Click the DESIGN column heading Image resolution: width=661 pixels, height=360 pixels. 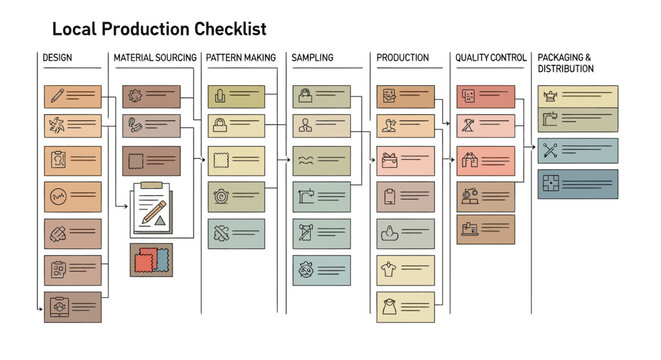point(57,58)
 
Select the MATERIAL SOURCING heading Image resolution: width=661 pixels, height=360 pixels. point(155,58)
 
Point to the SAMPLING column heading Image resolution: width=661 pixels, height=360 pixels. point(312,58)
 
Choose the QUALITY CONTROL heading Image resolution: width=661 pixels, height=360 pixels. point(490,58)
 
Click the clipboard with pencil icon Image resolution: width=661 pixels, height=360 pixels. point(151,209)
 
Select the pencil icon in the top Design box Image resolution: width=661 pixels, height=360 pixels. point(58,96)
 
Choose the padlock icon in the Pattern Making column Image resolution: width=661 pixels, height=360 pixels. point(220,127)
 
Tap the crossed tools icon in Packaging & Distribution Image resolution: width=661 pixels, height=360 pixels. point(549,150)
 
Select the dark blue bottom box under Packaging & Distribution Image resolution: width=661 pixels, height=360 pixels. point(577,183)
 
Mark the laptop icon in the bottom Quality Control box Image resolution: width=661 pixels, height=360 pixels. point(469,228)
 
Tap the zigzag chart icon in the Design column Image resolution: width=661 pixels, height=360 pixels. point(58,195)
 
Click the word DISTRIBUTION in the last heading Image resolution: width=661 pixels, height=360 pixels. point(565,69)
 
